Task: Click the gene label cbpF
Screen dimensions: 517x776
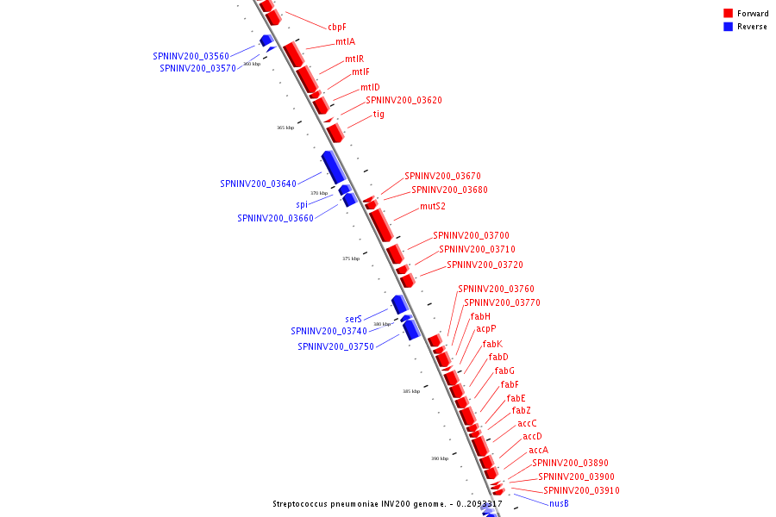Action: point(336,27)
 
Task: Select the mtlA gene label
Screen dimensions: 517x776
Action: point(345,41)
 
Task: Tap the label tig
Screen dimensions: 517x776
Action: point(379,114)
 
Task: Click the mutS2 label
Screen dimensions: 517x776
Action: point(433,207)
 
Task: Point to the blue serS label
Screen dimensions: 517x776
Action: point(354,319)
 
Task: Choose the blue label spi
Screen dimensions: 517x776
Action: point(302,204)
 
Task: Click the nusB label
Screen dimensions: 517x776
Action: point(559,503)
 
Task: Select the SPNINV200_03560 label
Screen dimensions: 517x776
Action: point(191,56)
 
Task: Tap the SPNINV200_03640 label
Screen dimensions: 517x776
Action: point(258,184)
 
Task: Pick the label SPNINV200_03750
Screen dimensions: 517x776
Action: point(335,346)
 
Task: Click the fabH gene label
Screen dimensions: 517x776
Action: point(480,316)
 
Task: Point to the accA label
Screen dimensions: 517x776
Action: point(538,450)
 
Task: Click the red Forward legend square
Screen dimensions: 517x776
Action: point(728,14)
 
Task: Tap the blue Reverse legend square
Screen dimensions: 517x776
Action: point(728,27)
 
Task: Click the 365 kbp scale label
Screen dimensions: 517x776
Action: point(285,128)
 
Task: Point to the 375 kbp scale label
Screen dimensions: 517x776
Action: point(350,258)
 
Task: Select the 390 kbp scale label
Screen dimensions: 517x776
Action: point(439,458)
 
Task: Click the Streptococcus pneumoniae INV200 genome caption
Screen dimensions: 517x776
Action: point(387,504)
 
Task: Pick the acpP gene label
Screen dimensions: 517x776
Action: point(486,328)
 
